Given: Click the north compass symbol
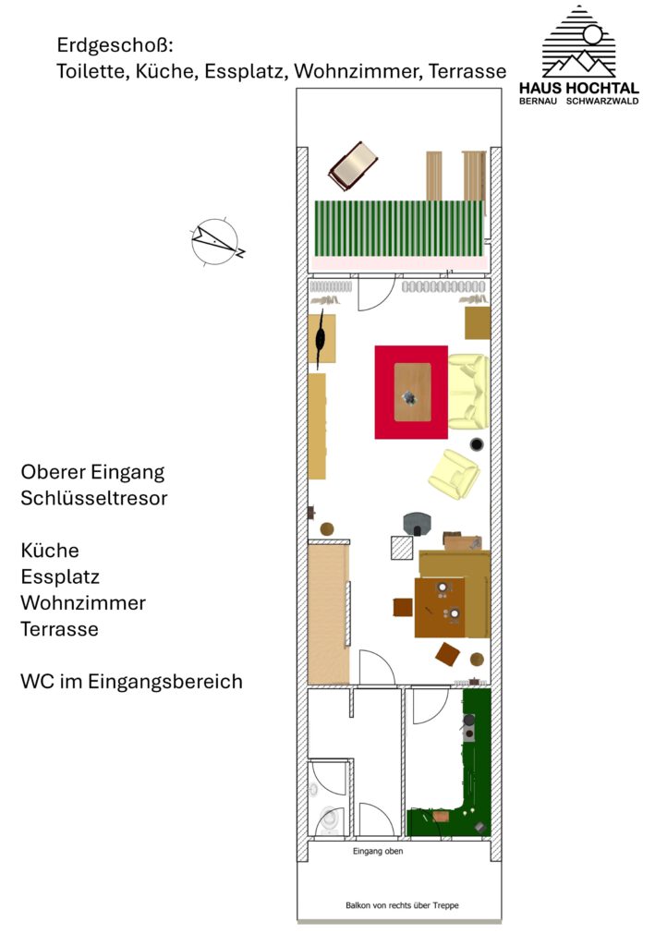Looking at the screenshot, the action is click(x=217, y=241).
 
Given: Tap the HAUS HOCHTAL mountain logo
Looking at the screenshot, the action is click(x=578, y=42).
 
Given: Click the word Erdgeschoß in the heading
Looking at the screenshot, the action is click(x=115, y=44).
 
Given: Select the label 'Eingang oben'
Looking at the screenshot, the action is click(x=378, y=851).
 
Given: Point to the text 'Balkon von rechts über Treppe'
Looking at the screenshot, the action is click(x=402, y=905).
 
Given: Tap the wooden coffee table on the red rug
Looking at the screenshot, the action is click(x=413, y=392).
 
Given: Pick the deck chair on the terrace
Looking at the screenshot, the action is click(x=353, y=165).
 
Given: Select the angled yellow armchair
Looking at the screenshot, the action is click(x=455, y=474).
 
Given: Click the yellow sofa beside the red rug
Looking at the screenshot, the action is click(x=468, y=392).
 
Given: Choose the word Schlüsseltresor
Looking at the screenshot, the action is click(x=94, y=498).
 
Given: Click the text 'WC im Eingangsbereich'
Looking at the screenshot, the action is click(x=131, y=681).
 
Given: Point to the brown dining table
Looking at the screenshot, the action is click(x=440, y=608).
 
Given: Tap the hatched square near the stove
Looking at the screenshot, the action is click(x=402, y=548).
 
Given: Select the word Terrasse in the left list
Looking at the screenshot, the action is click(x=60, y=628).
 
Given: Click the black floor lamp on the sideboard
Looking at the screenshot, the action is click(x=321, y=338).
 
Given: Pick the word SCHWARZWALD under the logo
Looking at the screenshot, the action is click(x=602, y=102).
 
